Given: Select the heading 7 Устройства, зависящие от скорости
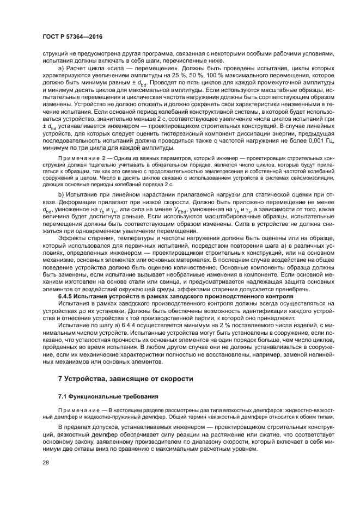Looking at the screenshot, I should coord(126,377).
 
